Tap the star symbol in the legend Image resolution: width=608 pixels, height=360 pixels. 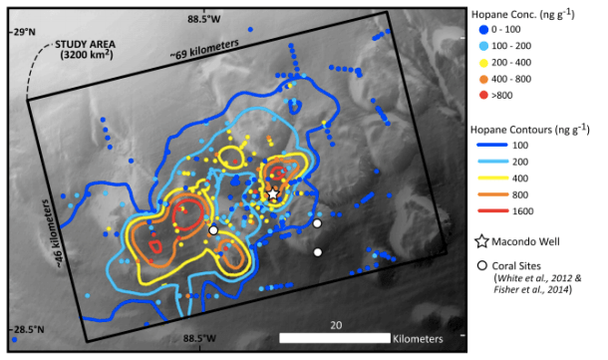coord(483,240)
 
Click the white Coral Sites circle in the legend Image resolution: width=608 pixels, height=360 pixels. coord(483,265)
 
